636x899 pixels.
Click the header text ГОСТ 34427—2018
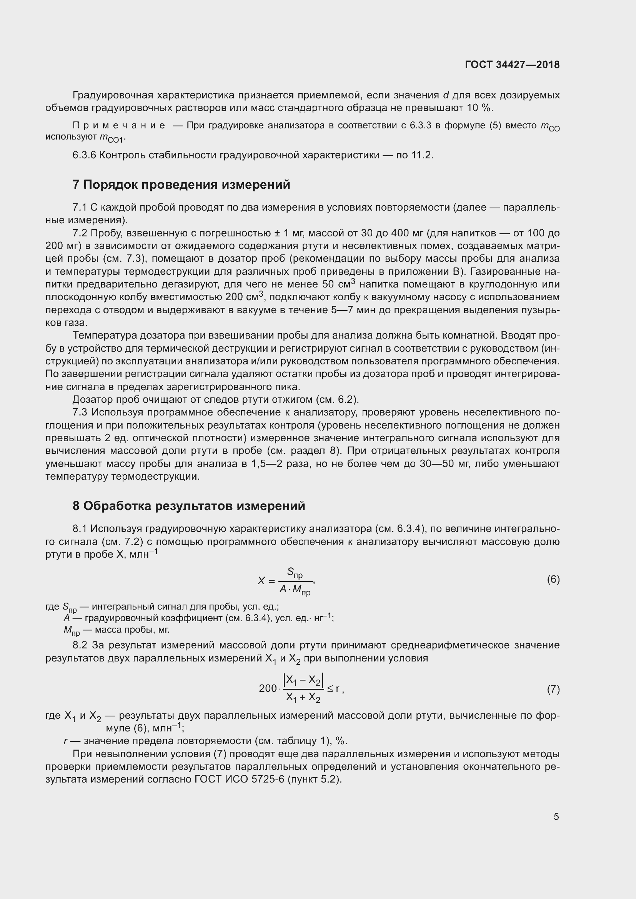[512, 65]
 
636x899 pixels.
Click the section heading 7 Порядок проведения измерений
[181, 184]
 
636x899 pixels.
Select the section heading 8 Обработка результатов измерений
[189, 506]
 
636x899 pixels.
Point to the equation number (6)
[553, 579]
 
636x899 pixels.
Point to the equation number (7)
[553, 689]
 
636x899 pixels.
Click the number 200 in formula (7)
[268, 688]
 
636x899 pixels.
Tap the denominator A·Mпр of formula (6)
[295, 590]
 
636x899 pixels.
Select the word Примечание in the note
[119, 126]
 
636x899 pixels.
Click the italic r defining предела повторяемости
[65, 741]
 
